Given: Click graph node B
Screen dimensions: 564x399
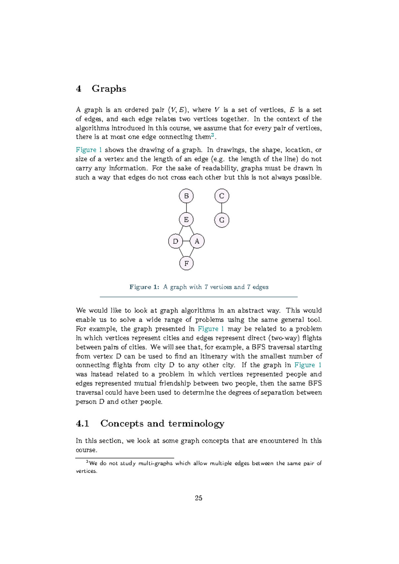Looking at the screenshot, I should coord(186,196).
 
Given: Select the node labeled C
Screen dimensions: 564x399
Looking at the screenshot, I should coord(222,196).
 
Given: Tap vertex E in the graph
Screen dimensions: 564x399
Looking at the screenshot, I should coord(186,219).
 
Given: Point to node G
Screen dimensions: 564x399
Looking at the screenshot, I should coord(222,220).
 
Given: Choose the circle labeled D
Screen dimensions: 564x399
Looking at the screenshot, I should coord(176,241).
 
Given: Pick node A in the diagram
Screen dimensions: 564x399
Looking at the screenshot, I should coord(197,241).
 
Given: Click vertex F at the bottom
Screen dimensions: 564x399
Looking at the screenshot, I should coord(186,263).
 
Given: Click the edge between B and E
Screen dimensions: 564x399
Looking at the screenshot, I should coord(186,208).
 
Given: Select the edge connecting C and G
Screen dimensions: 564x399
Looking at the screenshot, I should coord(222,208).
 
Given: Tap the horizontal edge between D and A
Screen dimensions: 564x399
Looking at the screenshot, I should coord(186,241).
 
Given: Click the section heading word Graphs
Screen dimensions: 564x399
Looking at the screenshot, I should coord(109,88).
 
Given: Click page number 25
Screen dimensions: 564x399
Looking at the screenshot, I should coord(199,498).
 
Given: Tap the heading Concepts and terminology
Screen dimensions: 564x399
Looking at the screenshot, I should coord(162,423).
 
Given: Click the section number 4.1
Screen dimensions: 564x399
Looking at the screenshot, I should coord(82,423).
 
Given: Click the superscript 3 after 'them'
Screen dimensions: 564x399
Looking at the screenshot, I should coord(213,135).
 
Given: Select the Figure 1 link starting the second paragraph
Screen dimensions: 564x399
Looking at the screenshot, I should coord(88,150).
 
